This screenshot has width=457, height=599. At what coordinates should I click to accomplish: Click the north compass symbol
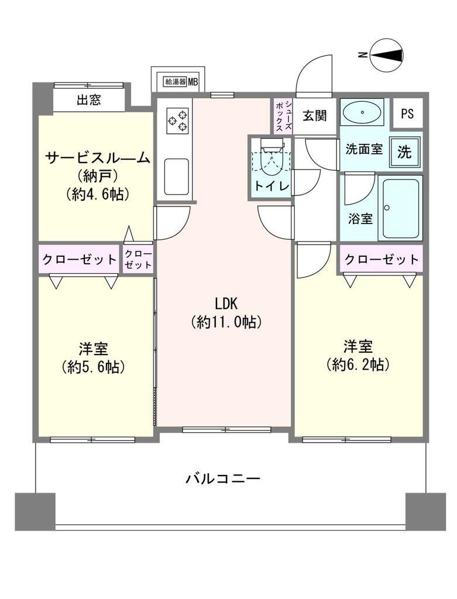point(387,56)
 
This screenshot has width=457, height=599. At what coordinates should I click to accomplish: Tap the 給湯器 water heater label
point(176,81)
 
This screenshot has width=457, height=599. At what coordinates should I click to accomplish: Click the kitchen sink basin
point(177,177)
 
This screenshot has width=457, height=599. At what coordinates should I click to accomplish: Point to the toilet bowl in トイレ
point(270,159)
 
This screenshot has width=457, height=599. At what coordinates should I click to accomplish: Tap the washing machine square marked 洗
point(404,152)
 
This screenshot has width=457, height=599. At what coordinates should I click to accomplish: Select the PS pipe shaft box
point(407,113)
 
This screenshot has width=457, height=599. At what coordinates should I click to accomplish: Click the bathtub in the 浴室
point(400,208)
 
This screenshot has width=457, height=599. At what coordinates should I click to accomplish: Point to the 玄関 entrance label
point(314,116)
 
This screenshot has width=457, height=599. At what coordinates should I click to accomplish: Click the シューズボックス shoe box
point(284,116)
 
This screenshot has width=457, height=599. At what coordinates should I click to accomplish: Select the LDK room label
point(226,304)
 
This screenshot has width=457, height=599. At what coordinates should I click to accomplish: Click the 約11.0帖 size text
point(226,322)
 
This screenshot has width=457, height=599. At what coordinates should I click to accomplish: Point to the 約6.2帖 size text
point(358,365)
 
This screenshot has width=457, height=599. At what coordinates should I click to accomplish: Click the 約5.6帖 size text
point(93,367)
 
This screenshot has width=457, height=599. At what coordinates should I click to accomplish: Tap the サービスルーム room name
point(97,158)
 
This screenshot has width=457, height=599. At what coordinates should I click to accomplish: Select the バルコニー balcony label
point(223,478)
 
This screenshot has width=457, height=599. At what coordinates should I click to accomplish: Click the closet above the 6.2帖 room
point(381,259)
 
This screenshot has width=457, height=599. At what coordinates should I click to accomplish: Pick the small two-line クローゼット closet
point(138,259)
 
